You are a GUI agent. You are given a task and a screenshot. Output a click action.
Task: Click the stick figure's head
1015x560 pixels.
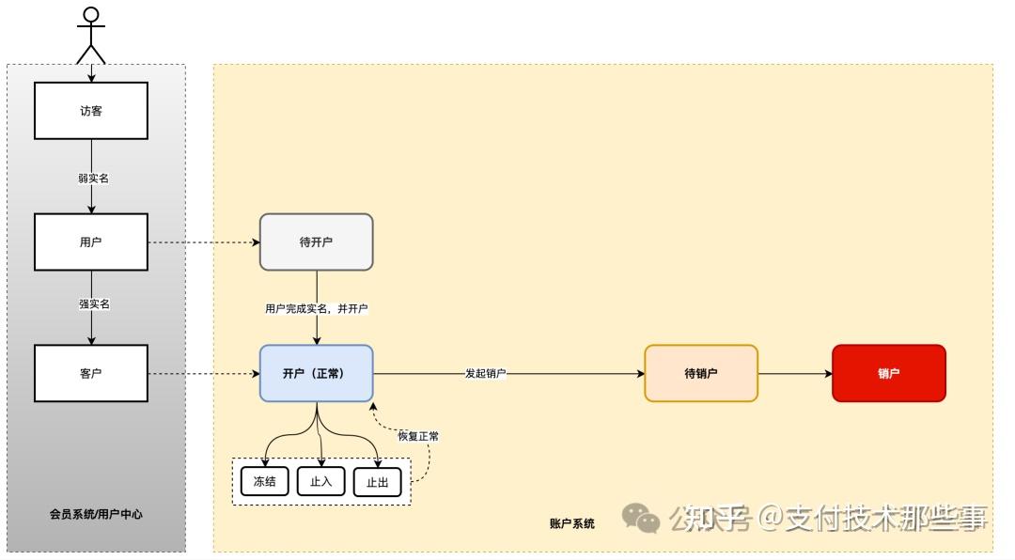tap(90, 14)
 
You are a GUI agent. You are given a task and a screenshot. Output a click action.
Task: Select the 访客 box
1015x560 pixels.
tap(91, 111)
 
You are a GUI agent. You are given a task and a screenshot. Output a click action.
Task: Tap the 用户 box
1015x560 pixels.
tap(91, 242)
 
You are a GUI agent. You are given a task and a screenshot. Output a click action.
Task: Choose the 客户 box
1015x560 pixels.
tap(91, 373)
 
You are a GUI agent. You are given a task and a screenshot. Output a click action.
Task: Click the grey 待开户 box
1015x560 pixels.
tap(316, 242)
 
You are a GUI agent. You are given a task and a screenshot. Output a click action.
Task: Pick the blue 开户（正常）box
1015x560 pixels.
tap(316, 373)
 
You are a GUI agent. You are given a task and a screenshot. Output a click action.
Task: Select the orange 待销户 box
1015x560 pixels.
tap(701, 373)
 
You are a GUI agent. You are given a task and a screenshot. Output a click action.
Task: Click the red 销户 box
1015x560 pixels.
tap(888, 373)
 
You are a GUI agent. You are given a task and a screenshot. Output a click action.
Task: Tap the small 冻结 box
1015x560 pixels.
tap(264, 481)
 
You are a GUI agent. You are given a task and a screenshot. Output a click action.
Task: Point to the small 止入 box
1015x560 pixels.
tap(320, 481)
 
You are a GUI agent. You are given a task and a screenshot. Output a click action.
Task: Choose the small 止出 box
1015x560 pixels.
tap(377, 483)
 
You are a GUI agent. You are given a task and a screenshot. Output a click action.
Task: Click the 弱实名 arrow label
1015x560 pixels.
tap(92, 178)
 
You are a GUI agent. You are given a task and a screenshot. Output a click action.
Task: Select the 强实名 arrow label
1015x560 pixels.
tap(92, 304)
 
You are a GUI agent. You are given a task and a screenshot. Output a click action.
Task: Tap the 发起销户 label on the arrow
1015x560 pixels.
tap(485, 374)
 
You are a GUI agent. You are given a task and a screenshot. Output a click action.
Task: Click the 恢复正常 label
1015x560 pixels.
tap(418, 436)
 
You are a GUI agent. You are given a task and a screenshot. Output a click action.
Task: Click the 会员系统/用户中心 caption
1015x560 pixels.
tap(96, 515)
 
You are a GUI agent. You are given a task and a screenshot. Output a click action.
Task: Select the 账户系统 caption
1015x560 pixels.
tap(571, 523)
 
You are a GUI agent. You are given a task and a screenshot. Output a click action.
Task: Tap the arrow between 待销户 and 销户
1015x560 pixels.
tap(795, 373)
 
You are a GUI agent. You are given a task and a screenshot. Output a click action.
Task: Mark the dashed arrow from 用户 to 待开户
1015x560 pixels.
tap(203, 242)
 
